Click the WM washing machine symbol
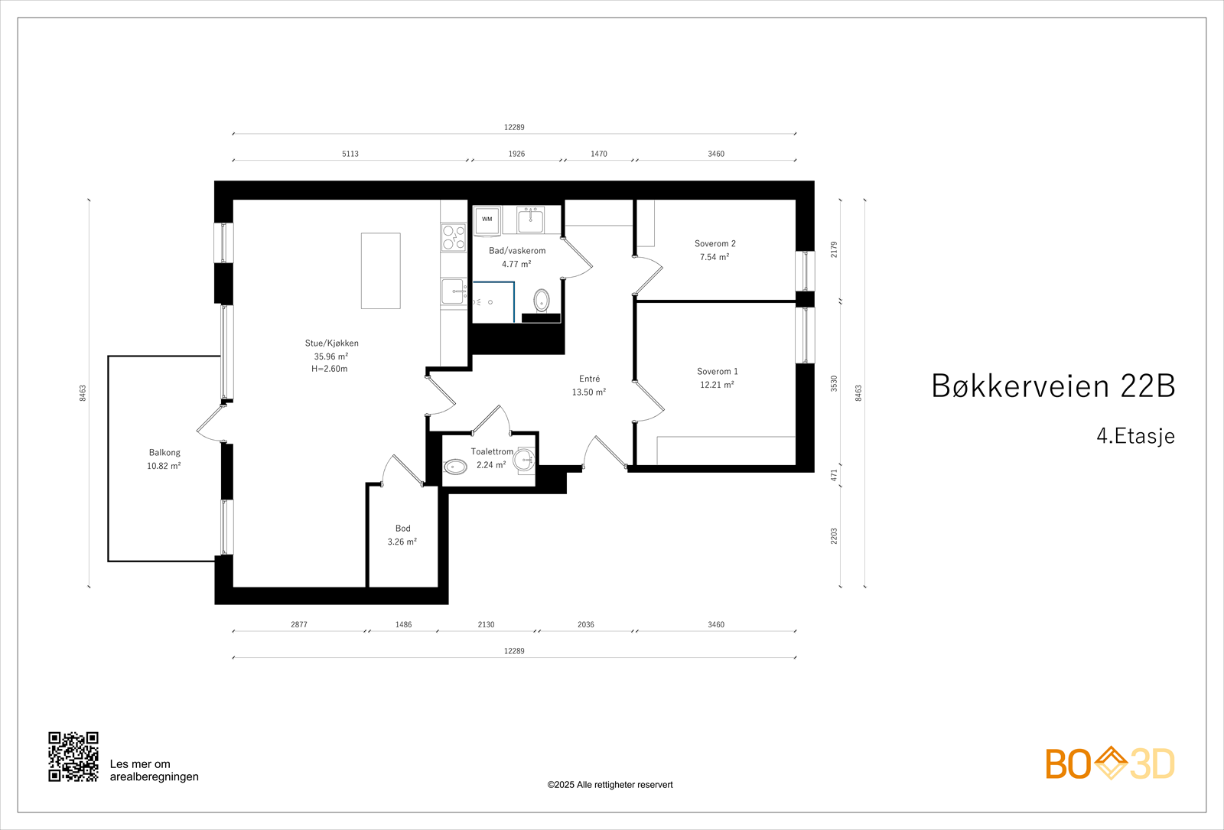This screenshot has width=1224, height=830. point(487,220)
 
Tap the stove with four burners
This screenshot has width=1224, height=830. point(454,237)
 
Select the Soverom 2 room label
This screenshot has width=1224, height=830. point(715,243)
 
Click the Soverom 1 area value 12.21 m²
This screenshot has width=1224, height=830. point(717,385)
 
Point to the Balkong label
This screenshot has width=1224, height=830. point(164,452)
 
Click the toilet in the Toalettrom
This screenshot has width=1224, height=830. point(456,466)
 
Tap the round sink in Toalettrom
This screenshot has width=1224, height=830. point(524,460)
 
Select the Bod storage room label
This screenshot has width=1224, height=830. point(402,528)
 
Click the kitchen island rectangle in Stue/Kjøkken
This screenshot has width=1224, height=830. point(380,271)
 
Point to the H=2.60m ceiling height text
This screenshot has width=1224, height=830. point(329,369)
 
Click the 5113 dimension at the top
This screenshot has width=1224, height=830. point(350,154)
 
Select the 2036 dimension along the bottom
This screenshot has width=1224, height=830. point(585,625)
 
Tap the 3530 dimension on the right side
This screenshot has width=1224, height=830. point(834,383)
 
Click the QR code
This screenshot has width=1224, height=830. point(73,757)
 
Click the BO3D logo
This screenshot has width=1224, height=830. point(1109,763)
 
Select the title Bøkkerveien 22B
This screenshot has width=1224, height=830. point(1053,386)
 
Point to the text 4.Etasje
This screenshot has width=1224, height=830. point(1135,436)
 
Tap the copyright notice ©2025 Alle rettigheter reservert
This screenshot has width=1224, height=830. point(610,785)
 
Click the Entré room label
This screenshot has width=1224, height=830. point(589,379)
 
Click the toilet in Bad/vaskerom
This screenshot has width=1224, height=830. point(542,300)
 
